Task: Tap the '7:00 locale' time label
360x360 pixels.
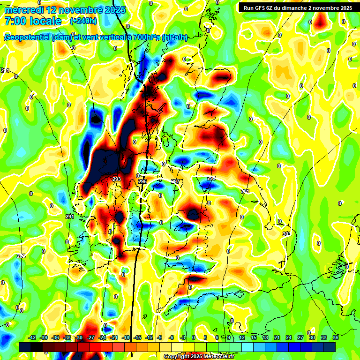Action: pos(33,21)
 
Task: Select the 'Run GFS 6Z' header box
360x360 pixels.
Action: pos(298,7)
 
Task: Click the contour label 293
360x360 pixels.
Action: pos(117,179)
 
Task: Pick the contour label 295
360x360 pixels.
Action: pos(142,181)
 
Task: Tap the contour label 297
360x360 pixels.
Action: pos(175,181)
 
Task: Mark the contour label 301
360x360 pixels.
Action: pos(245,191)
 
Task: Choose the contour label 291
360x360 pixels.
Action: pos(70,217)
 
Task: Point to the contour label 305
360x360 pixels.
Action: pos(286,233)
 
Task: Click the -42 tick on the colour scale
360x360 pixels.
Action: pos(32,337)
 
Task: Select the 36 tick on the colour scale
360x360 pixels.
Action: pos(336,337)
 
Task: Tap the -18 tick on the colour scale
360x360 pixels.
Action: pos(126,337)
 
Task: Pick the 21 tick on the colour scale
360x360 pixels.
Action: pos(277,337)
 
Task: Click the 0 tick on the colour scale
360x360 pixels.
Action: pos(194,337)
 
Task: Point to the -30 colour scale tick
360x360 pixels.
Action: pos(79,337)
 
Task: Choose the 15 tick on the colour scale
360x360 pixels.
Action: pos(254,337)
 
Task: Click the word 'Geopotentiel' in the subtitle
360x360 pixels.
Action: pos(27,37)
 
